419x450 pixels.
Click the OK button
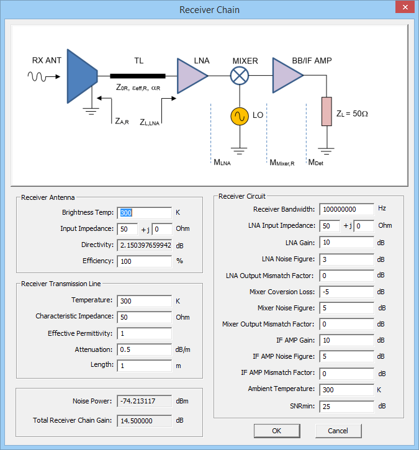point(276,430)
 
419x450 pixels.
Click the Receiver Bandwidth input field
point(346,209)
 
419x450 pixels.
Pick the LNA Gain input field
point(346,242)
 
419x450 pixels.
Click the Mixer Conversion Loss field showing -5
point(346,291)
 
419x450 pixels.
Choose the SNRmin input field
point(346,406)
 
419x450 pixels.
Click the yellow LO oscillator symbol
point(239,116)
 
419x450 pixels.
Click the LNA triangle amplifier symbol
point(191,76)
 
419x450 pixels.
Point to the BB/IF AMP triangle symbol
point(286,76)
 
